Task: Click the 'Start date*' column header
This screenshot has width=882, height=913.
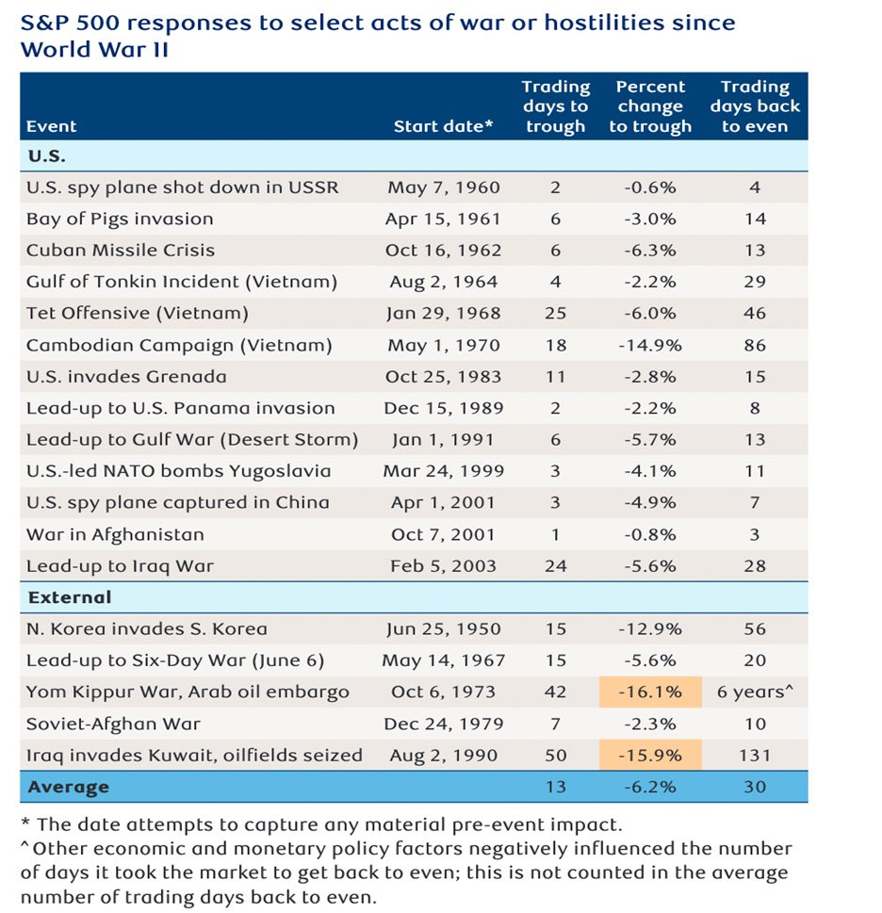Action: click(443, 126)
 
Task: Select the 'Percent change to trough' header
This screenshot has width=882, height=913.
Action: click(650, 106)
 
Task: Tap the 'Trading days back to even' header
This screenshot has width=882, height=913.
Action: click(755, 106)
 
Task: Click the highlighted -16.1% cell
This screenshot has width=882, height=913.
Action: click(650, 693)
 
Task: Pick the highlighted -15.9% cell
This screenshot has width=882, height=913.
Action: click(650, 756)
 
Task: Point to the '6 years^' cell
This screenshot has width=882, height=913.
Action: click(755, 693)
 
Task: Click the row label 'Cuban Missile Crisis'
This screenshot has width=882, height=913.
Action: click(121, 251)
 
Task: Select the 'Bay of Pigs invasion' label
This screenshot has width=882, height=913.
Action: click(120, 219)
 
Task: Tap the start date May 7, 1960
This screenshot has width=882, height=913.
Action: click(443, 187)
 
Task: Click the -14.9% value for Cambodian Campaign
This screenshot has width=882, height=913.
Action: click(650, 346)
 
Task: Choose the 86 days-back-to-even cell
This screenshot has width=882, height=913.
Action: click(755, 346)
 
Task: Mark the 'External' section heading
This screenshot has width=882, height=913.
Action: click(70, 597)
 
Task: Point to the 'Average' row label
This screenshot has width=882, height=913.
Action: click(68, 788)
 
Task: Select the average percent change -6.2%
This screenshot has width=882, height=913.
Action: click(650, 788)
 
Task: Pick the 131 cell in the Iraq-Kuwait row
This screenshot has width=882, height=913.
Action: click(755, 756)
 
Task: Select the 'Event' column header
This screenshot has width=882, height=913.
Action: click(51, 126)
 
